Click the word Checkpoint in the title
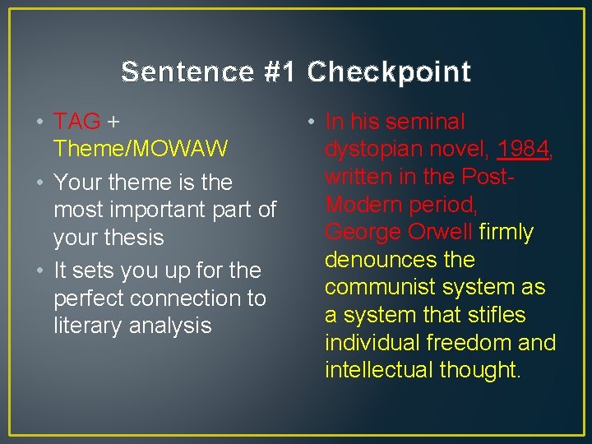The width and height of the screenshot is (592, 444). [x=389, y=72]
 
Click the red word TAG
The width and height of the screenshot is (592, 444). [x=76, y=122]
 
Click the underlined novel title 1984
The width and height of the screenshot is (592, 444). [x=524, y=149]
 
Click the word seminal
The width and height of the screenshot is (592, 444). [x=424, y=122]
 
